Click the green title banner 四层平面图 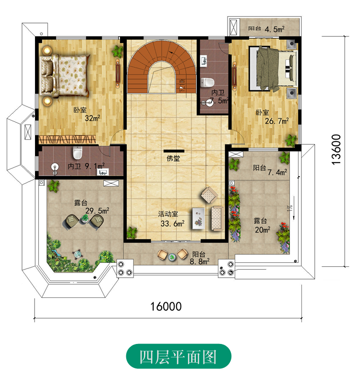pos(179,356)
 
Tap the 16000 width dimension pos(166,307)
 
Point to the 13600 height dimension pos(336,149)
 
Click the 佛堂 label pos(173,158)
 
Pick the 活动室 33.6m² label pos(171,219)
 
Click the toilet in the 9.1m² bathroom pos(77,153)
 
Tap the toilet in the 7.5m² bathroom pos(207,83)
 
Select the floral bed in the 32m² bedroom pos(65,75)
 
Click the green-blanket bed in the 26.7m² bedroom pos(273,69)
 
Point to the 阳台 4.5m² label pos(266,29)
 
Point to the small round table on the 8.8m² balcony pos(172,257)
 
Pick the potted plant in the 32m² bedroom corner pos(118,51)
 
